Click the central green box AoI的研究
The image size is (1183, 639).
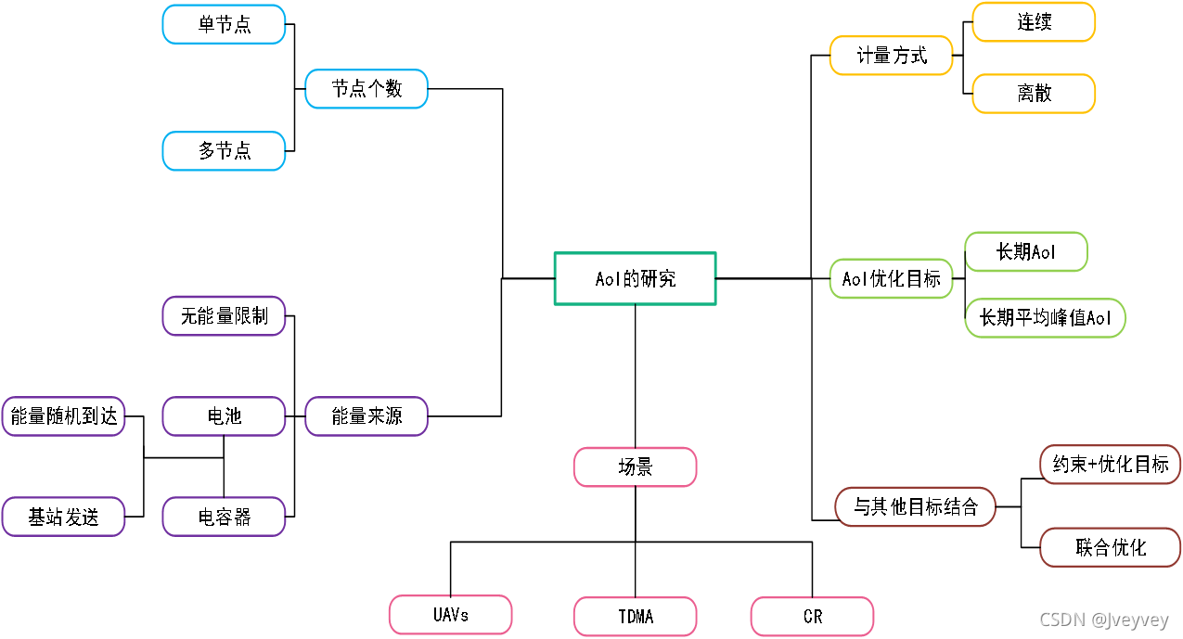(x=635, y=278)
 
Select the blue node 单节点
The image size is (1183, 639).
(x=224, y=24)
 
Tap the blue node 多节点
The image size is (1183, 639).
(x=224, y=150)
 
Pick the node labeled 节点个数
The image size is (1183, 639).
(x=366, y=88)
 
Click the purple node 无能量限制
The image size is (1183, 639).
(x=224, y=315)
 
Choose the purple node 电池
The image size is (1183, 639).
(x=224, y=416)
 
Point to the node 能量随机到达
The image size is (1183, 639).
(x=63, y=416)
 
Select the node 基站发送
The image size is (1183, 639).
(x=63, y=517)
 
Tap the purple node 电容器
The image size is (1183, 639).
(x=224, y=517)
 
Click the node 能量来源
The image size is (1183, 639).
(x=366, y=416)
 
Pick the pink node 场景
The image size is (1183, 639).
(x=635, y=467)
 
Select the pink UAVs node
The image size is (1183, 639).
(x=450, y=615)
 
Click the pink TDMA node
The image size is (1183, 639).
(x=635, y=616)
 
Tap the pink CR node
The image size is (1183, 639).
(x=812, y=616)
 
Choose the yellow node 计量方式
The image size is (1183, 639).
(x=891, y=56)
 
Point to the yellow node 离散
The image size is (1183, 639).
(x=1034, y=94)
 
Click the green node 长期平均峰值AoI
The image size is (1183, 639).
(x=1045, y=318)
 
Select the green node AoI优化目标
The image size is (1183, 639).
(x=891, y=278)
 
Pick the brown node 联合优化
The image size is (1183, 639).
(x=1110, y=547)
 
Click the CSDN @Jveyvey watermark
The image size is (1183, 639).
(x=1103, y=620)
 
